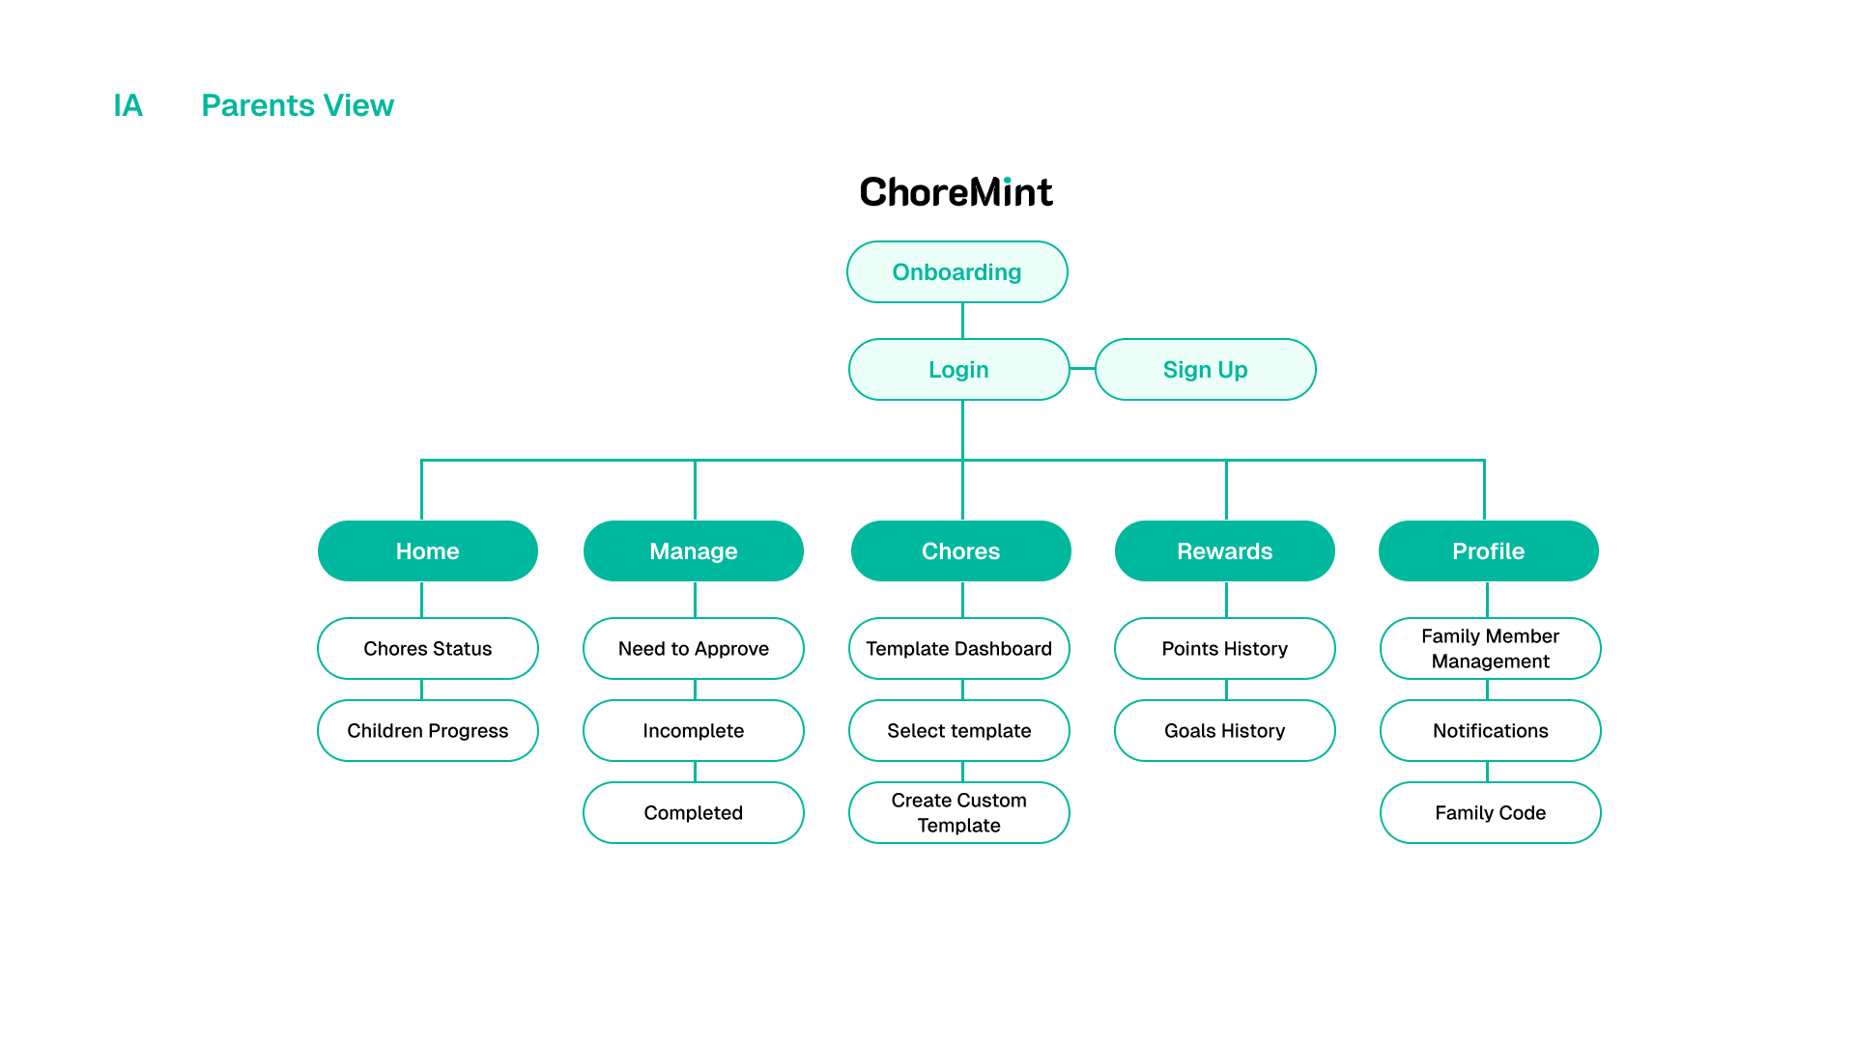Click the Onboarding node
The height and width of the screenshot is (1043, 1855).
tap(956, 272)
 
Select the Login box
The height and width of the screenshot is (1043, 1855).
tap(958, 370)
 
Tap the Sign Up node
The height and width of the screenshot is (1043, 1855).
tap(1205, 370)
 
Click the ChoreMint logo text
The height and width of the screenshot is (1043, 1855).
tap(956, 192)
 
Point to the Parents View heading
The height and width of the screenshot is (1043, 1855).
tap(297, 105)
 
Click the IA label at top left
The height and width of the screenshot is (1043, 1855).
tap(128, 105)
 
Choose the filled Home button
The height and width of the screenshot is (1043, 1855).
tap(427, 551)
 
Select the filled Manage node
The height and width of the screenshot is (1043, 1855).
tap(693, 551)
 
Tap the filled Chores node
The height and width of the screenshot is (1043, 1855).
tap(960, 551)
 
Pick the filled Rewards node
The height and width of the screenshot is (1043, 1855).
tap(1224, 551)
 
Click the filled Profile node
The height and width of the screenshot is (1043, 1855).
tap(1488, 551)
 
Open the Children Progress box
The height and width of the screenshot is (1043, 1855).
tap(427, 731)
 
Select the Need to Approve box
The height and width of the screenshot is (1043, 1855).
tap(693, 649)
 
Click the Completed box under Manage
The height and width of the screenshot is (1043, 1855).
tap(693, 813)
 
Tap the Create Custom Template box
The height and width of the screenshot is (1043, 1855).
tap(958, 813)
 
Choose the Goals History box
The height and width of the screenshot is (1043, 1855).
tap(1224, 731)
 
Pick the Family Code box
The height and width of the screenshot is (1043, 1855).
tap(1490, 813)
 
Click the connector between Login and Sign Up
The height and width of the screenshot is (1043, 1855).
tap(1082, 369)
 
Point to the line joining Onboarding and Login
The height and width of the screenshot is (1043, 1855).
tap(962, 321)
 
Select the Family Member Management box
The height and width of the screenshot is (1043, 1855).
tap(1490, 649)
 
